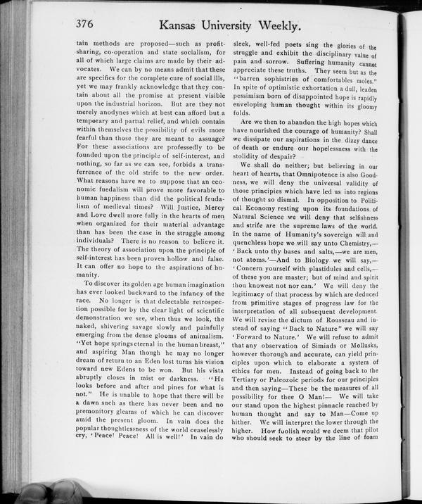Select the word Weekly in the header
coord(276,27)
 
